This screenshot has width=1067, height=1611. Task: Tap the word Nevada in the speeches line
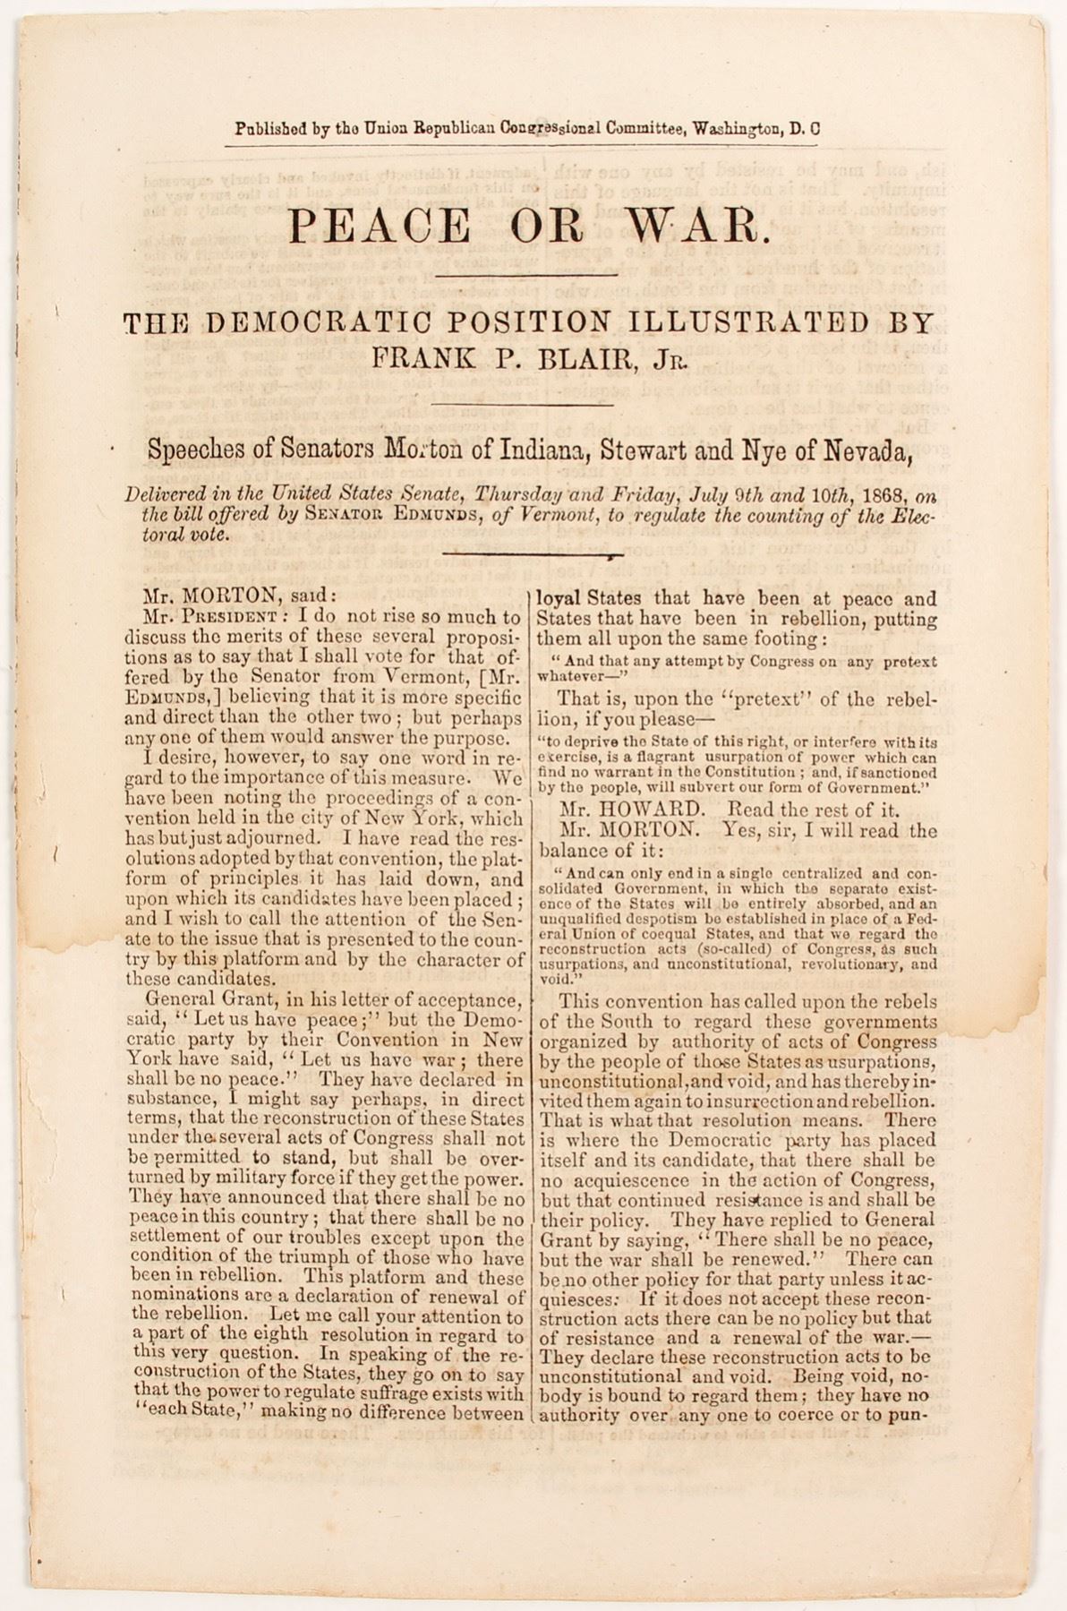point(871,450)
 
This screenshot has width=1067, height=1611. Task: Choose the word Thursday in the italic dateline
point(519,494)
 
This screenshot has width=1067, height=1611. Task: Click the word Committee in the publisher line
point(644,128)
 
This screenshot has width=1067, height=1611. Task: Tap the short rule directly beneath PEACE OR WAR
point(527,274)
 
